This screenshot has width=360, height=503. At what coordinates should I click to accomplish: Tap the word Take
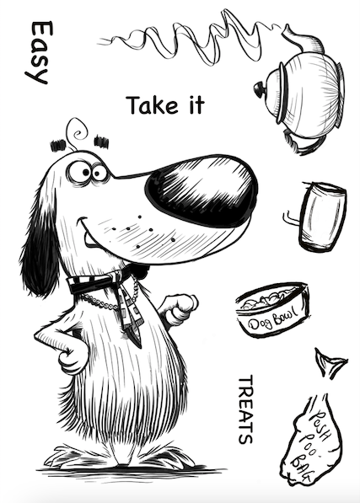coord(152,105)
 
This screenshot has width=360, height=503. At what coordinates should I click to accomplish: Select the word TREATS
coord(246,410)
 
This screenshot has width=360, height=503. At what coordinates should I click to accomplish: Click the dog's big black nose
coord(201,190)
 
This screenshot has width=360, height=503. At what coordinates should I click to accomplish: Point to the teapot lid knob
coord(259,89)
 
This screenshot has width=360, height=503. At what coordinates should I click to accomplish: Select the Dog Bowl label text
coord(273,318)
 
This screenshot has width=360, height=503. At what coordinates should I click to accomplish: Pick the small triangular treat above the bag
coord(330,363)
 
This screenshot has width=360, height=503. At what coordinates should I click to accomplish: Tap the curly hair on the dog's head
coord(77,132)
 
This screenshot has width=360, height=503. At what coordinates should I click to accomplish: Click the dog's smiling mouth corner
coord(81,222)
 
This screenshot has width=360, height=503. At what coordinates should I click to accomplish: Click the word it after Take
coord(196,105)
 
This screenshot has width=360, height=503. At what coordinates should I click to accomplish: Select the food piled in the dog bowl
coord(270,300)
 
